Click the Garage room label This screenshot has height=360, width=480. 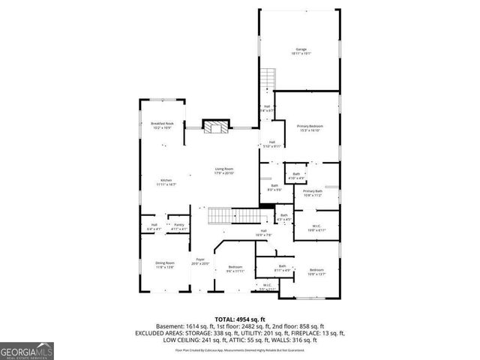click(300, 51)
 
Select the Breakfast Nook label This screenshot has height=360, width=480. click(162, 125)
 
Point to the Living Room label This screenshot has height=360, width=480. click(224, 171)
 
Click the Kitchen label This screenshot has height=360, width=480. click(166, 181)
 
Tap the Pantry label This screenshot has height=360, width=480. click(179, 226)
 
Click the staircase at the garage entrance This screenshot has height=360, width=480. click(268, 78)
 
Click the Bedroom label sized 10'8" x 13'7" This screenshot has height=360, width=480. click(316, 271)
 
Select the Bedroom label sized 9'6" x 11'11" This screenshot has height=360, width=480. click(235, 268)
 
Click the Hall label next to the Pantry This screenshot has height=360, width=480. click(154, 226)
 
